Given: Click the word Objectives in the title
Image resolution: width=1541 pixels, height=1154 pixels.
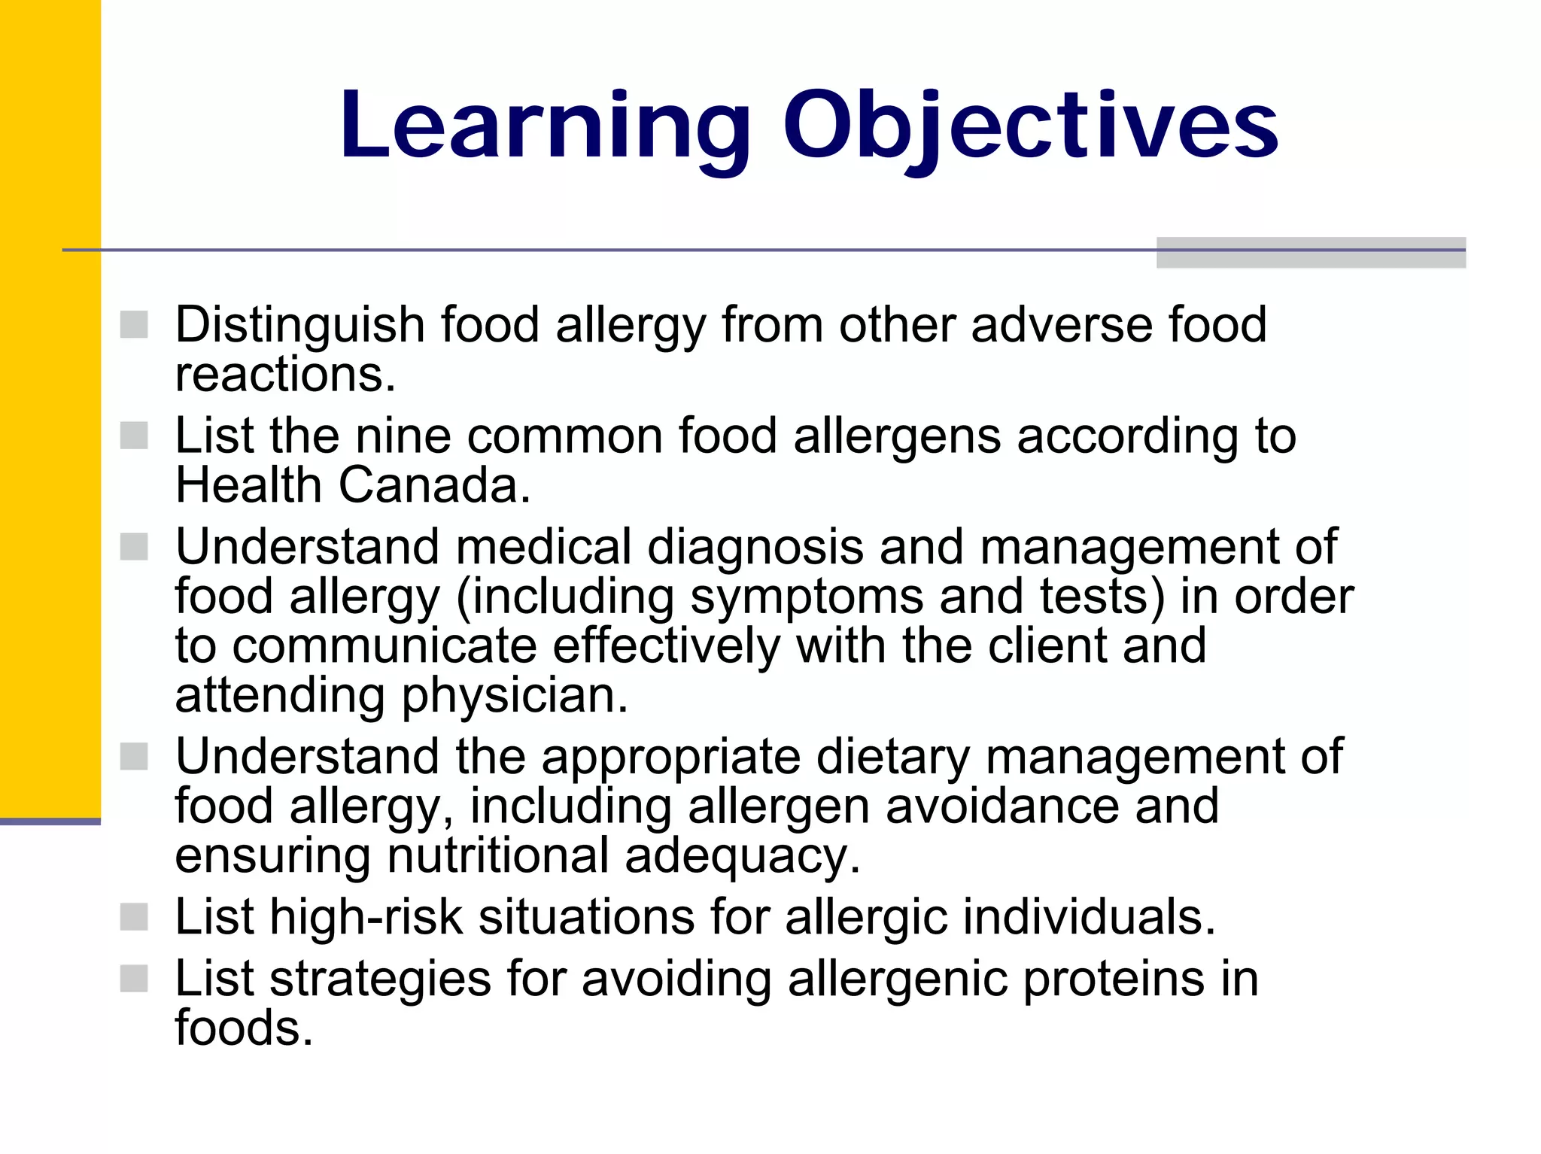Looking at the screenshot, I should coord(1030,126).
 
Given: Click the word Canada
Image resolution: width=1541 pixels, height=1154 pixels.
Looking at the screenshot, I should coord(435,485).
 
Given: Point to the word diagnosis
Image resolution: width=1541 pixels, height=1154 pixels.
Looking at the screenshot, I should coord(755,547).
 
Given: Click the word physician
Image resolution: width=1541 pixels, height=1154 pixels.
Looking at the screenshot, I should coord(515,696).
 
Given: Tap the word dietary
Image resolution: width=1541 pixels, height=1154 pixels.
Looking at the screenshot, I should coord(892,757).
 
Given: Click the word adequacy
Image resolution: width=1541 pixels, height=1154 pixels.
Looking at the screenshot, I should coord(742,856).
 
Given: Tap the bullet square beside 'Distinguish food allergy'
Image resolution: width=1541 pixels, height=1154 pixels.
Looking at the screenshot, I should coord(134,325).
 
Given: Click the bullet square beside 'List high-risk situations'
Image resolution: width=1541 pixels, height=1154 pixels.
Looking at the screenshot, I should coord(134,917).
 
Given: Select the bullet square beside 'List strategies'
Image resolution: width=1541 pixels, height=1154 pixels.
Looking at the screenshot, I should coord(134,979).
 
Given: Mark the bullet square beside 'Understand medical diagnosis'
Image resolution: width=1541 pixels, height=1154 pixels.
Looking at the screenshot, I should coord(134,547).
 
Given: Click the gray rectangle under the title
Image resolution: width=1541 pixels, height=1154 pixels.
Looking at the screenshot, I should coord(1311,253).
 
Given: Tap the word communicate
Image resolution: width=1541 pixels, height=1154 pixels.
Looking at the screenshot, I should coord(384,646).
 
